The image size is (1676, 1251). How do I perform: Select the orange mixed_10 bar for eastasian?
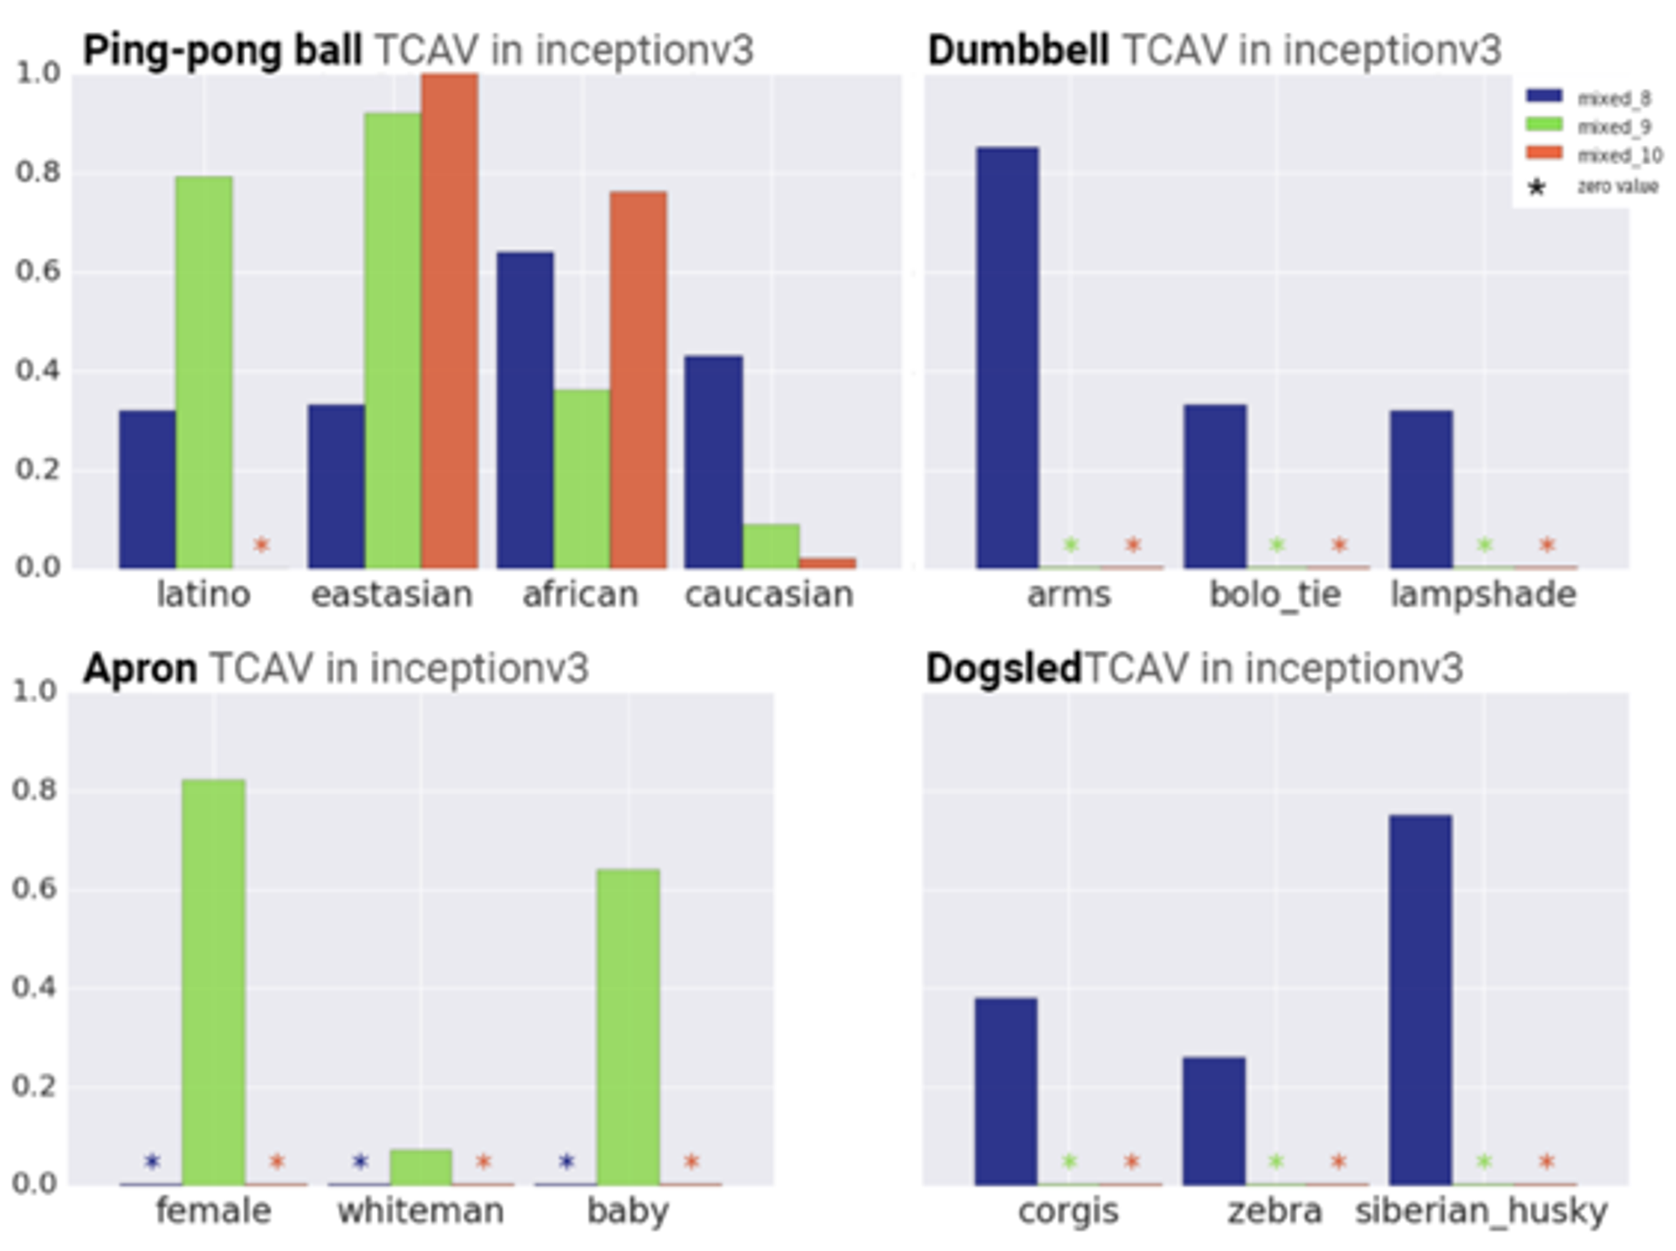[450, 320]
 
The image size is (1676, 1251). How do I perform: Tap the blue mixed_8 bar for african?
[525, 409]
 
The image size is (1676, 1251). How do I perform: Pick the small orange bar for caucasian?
[827, 563]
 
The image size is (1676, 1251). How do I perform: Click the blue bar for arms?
[1007, 357]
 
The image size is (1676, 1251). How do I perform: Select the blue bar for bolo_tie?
[1214, 485]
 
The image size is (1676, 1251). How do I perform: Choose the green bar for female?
[214, 981]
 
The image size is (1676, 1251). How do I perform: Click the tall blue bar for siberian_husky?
[1420, 1000]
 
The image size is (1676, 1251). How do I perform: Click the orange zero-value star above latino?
[261, 546]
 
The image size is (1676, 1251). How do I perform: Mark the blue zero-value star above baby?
[567, 1162]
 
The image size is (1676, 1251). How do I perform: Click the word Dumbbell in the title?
[1018, 50]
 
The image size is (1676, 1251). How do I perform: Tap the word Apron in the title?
[140, 669]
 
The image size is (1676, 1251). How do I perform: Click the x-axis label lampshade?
[1482, 595]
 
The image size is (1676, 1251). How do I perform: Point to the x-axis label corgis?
[1068, 1212]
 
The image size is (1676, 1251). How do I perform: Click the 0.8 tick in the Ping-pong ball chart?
[38, 172]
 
